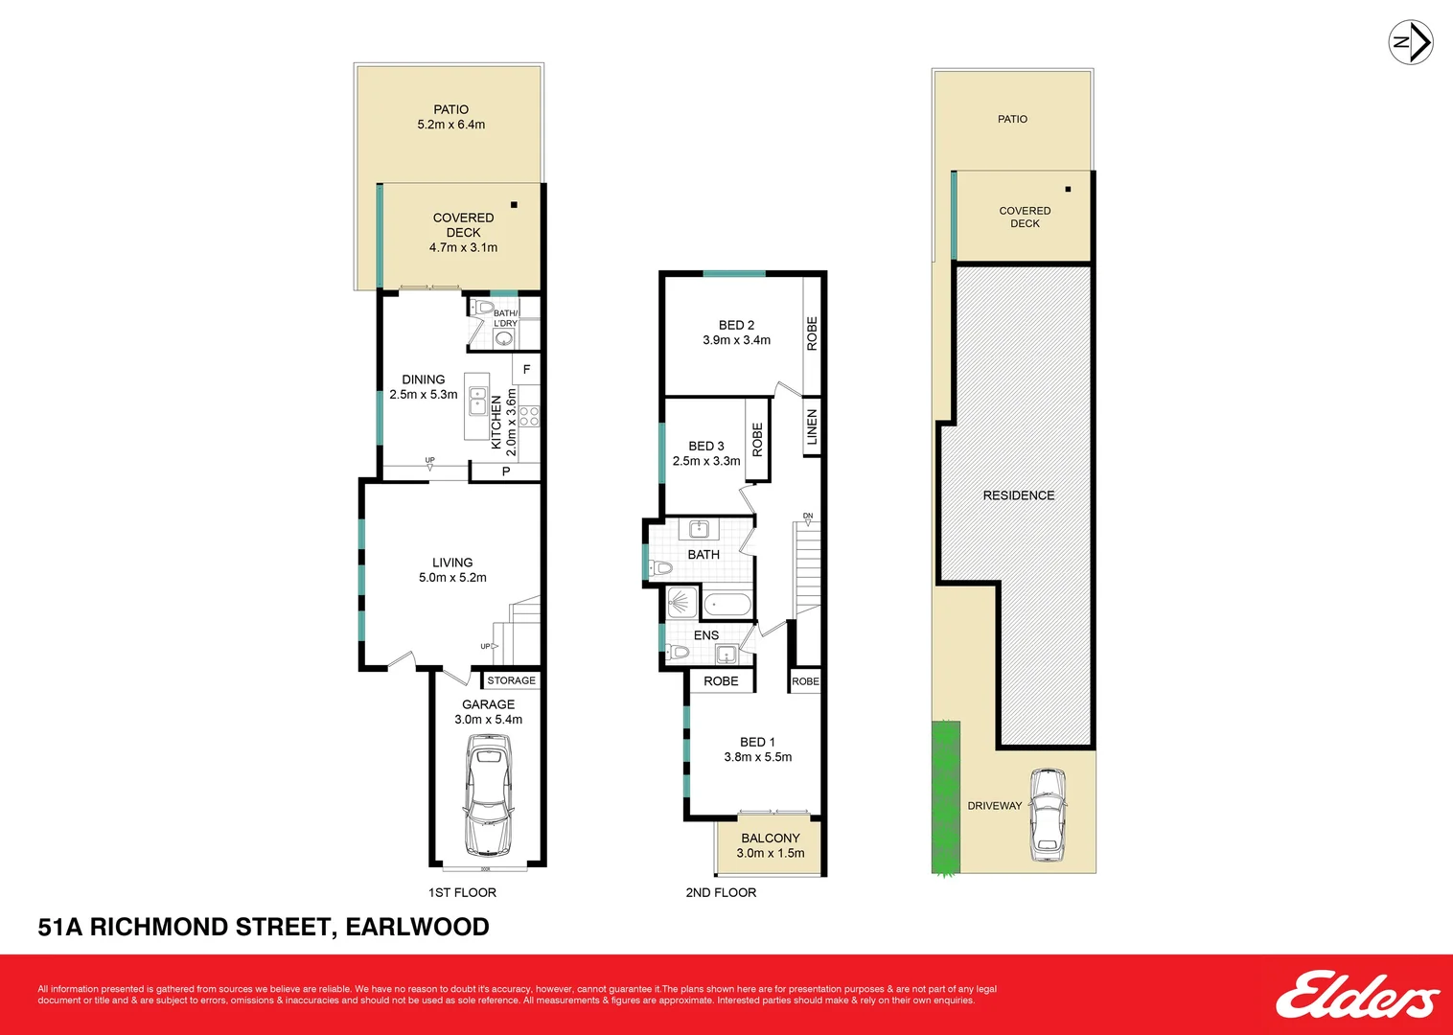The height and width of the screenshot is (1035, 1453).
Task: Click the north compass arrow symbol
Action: (x=1411, y=43)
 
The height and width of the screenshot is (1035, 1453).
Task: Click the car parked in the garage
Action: (x=488, y=795)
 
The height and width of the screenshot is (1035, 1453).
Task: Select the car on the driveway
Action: (x=1048, y=815)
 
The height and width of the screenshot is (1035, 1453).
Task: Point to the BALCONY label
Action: (x=770, y=838)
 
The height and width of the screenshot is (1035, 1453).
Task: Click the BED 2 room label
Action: (x=736, y=325)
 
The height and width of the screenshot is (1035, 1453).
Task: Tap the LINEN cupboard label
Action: (x=812, y=426)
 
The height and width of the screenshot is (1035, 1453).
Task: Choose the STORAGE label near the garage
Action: (x=511, y=680)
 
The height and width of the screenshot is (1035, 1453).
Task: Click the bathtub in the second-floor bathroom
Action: (x=727, y=605)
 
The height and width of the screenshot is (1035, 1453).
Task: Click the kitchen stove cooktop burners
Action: (x=529, y=416)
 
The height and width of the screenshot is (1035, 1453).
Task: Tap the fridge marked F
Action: (x=526, y=369)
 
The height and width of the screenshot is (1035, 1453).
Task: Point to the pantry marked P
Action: (x=506, y=471)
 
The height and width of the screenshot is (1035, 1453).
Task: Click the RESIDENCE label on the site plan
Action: (x=1018, y=495)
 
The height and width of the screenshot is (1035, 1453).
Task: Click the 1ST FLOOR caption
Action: (x=462, y=892)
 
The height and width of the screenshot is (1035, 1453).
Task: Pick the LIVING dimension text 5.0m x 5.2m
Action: (x=452, y=578)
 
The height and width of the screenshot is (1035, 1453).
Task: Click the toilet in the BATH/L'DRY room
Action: (x=484, y=308)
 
